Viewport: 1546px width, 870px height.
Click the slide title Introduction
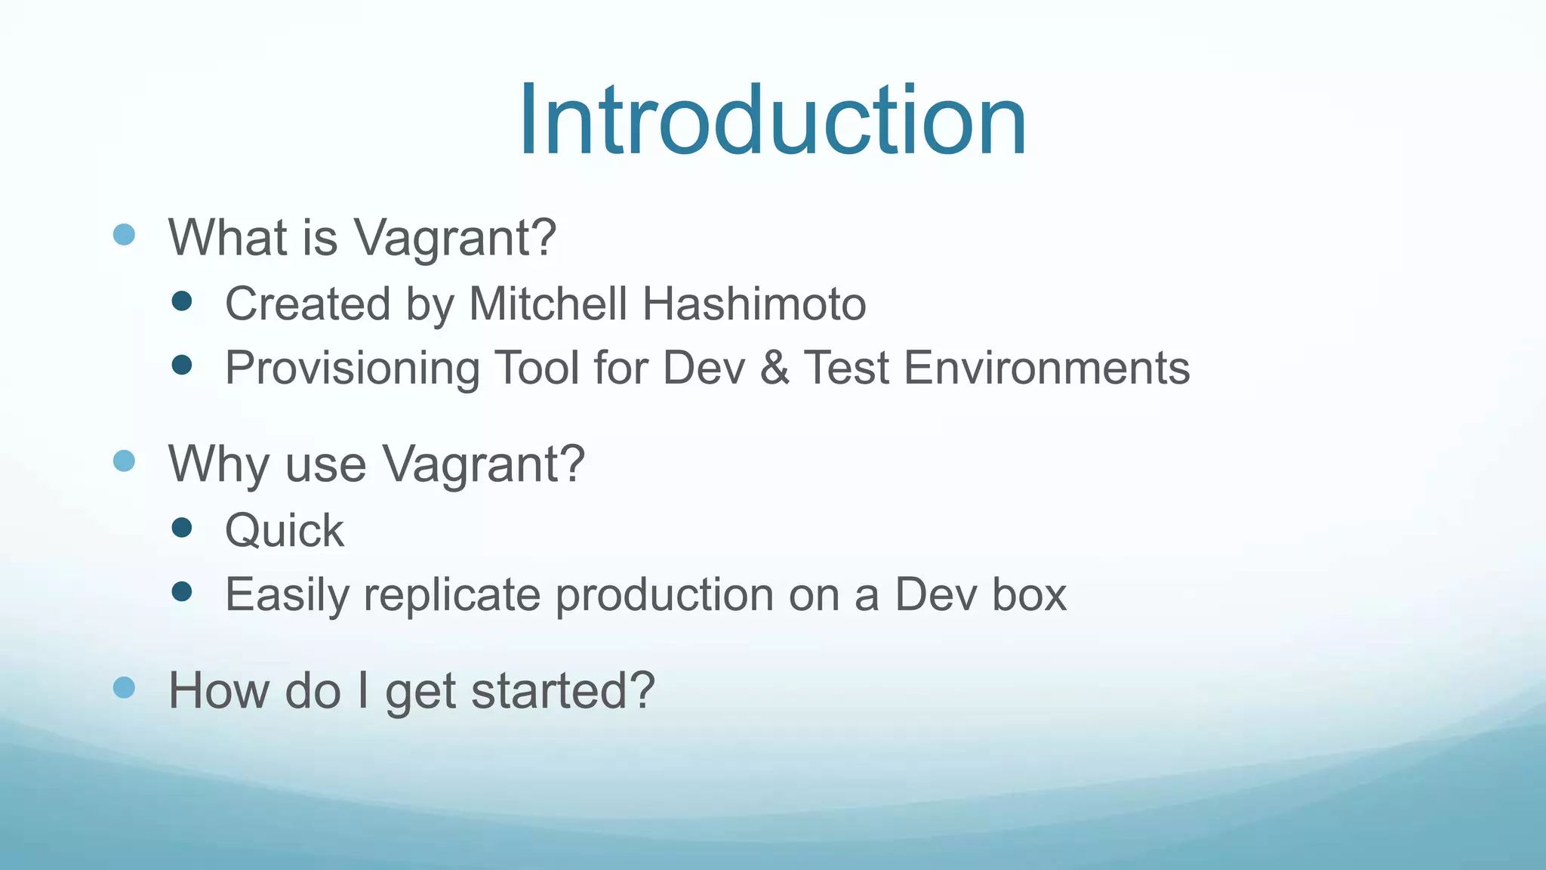point(771,121)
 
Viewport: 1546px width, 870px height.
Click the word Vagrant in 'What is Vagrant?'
point(455,238)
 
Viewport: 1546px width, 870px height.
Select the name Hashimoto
point(754,304)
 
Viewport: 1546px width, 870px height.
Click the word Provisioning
point(352,369)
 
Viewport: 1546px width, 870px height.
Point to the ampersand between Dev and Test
point(775,369)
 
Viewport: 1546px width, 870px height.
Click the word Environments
point(1046,369)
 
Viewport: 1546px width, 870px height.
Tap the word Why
point(218,464)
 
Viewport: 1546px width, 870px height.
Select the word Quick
point(285,530)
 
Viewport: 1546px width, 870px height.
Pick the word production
point(665,595)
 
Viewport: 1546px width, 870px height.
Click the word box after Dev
point(1029,595)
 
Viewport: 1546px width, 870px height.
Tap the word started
point(562,691)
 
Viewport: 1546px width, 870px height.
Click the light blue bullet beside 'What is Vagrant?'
point(124,234)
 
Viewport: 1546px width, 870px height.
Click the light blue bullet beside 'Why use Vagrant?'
point(124,461)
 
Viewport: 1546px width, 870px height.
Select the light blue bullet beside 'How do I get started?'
point(124,687)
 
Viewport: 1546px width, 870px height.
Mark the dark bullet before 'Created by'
point(182,302)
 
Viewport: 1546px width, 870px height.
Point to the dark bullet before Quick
point(182,527)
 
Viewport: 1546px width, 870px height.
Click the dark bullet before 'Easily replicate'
point(182,591)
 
